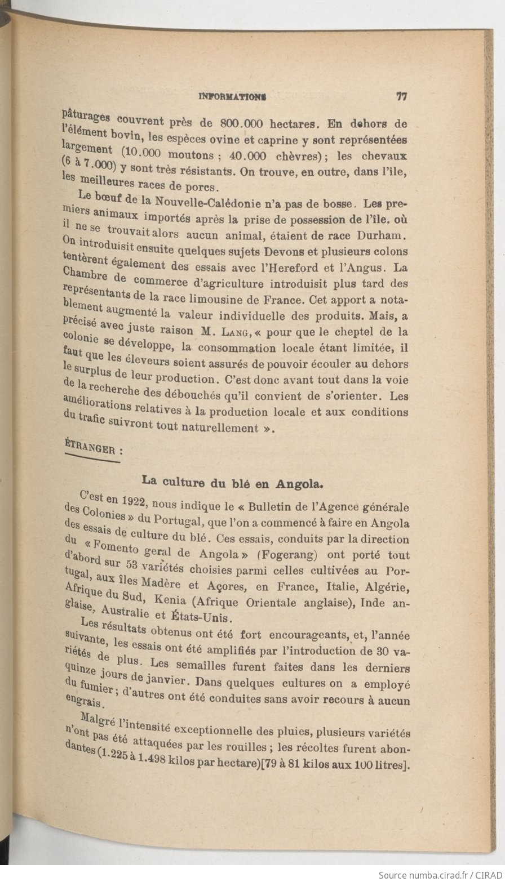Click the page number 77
click(402, 96)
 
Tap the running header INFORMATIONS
click(232, 97)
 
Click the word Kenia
click(171, 600)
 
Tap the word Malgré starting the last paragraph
click(99, 720)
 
